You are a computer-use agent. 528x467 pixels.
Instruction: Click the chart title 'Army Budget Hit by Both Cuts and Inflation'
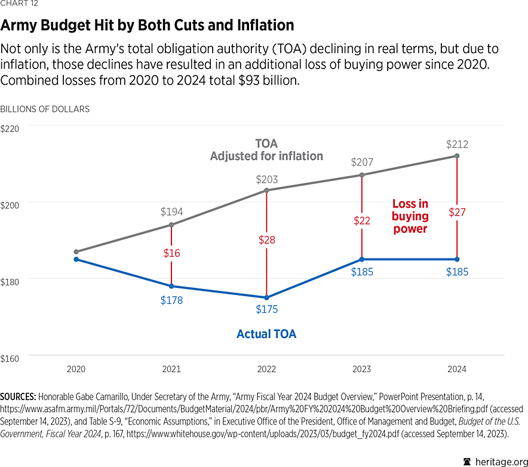pos(147,25)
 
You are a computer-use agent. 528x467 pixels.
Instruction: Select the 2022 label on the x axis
pos(266,370)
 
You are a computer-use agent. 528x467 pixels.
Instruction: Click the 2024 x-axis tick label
pos(457,370)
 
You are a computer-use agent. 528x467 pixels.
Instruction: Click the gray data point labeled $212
pos(457,156)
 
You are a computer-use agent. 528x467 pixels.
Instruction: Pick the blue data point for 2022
pos(266,297)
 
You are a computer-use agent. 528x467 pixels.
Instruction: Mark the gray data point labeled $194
pos(171,225)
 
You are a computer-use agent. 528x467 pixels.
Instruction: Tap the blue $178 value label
pos(171,300)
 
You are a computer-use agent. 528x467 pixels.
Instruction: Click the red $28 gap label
pos(267,239)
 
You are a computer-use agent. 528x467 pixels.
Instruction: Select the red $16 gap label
pos(171,253)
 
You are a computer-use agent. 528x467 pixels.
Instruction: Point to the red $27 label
pos(457,212)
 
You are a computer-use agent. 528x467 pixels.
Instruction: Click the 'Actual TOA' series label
pos(266,334)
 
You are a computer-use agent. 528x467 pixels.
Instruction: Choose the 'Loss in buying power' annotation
pos(410,216)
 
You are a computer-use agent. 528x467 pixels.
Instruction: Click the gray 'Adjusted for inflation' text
pos(266,156)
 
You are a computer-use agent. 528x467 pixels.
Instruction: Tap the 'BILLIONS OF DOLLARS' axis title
pos(45,109)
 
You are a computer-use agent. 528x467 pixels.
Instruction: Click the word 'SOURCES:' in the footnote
pos(18,397)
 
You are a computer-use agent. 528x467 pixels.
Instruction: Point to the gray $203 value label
pos(267,179)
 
